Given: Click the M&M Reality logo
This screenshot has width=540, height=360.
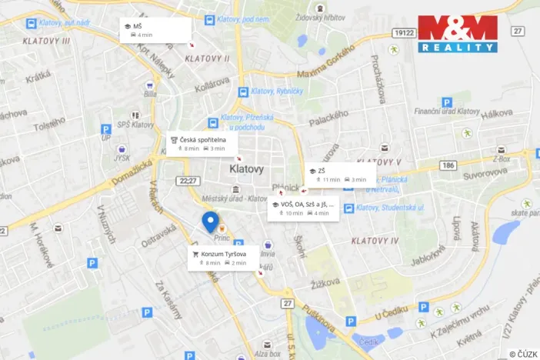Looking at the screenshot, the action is [458, 33].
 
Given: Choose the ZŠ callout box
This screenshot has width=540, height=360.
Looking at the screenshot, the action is [339, 175].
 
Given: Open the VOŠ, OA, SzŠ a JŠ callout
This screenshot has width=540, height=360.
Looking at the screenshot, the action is [303, 208].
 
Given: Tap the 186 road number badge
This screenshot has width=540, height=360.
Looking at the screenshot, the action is [449, 165].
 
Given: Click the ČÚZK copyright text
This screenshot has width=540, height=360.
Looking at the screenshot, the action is [524, 354].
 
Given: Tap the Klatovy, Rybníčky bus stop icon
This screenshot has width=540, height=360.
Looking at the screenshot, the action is [243, 92].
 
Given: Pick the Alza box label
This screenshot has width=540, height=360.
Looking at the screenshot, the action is [268, 354].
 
